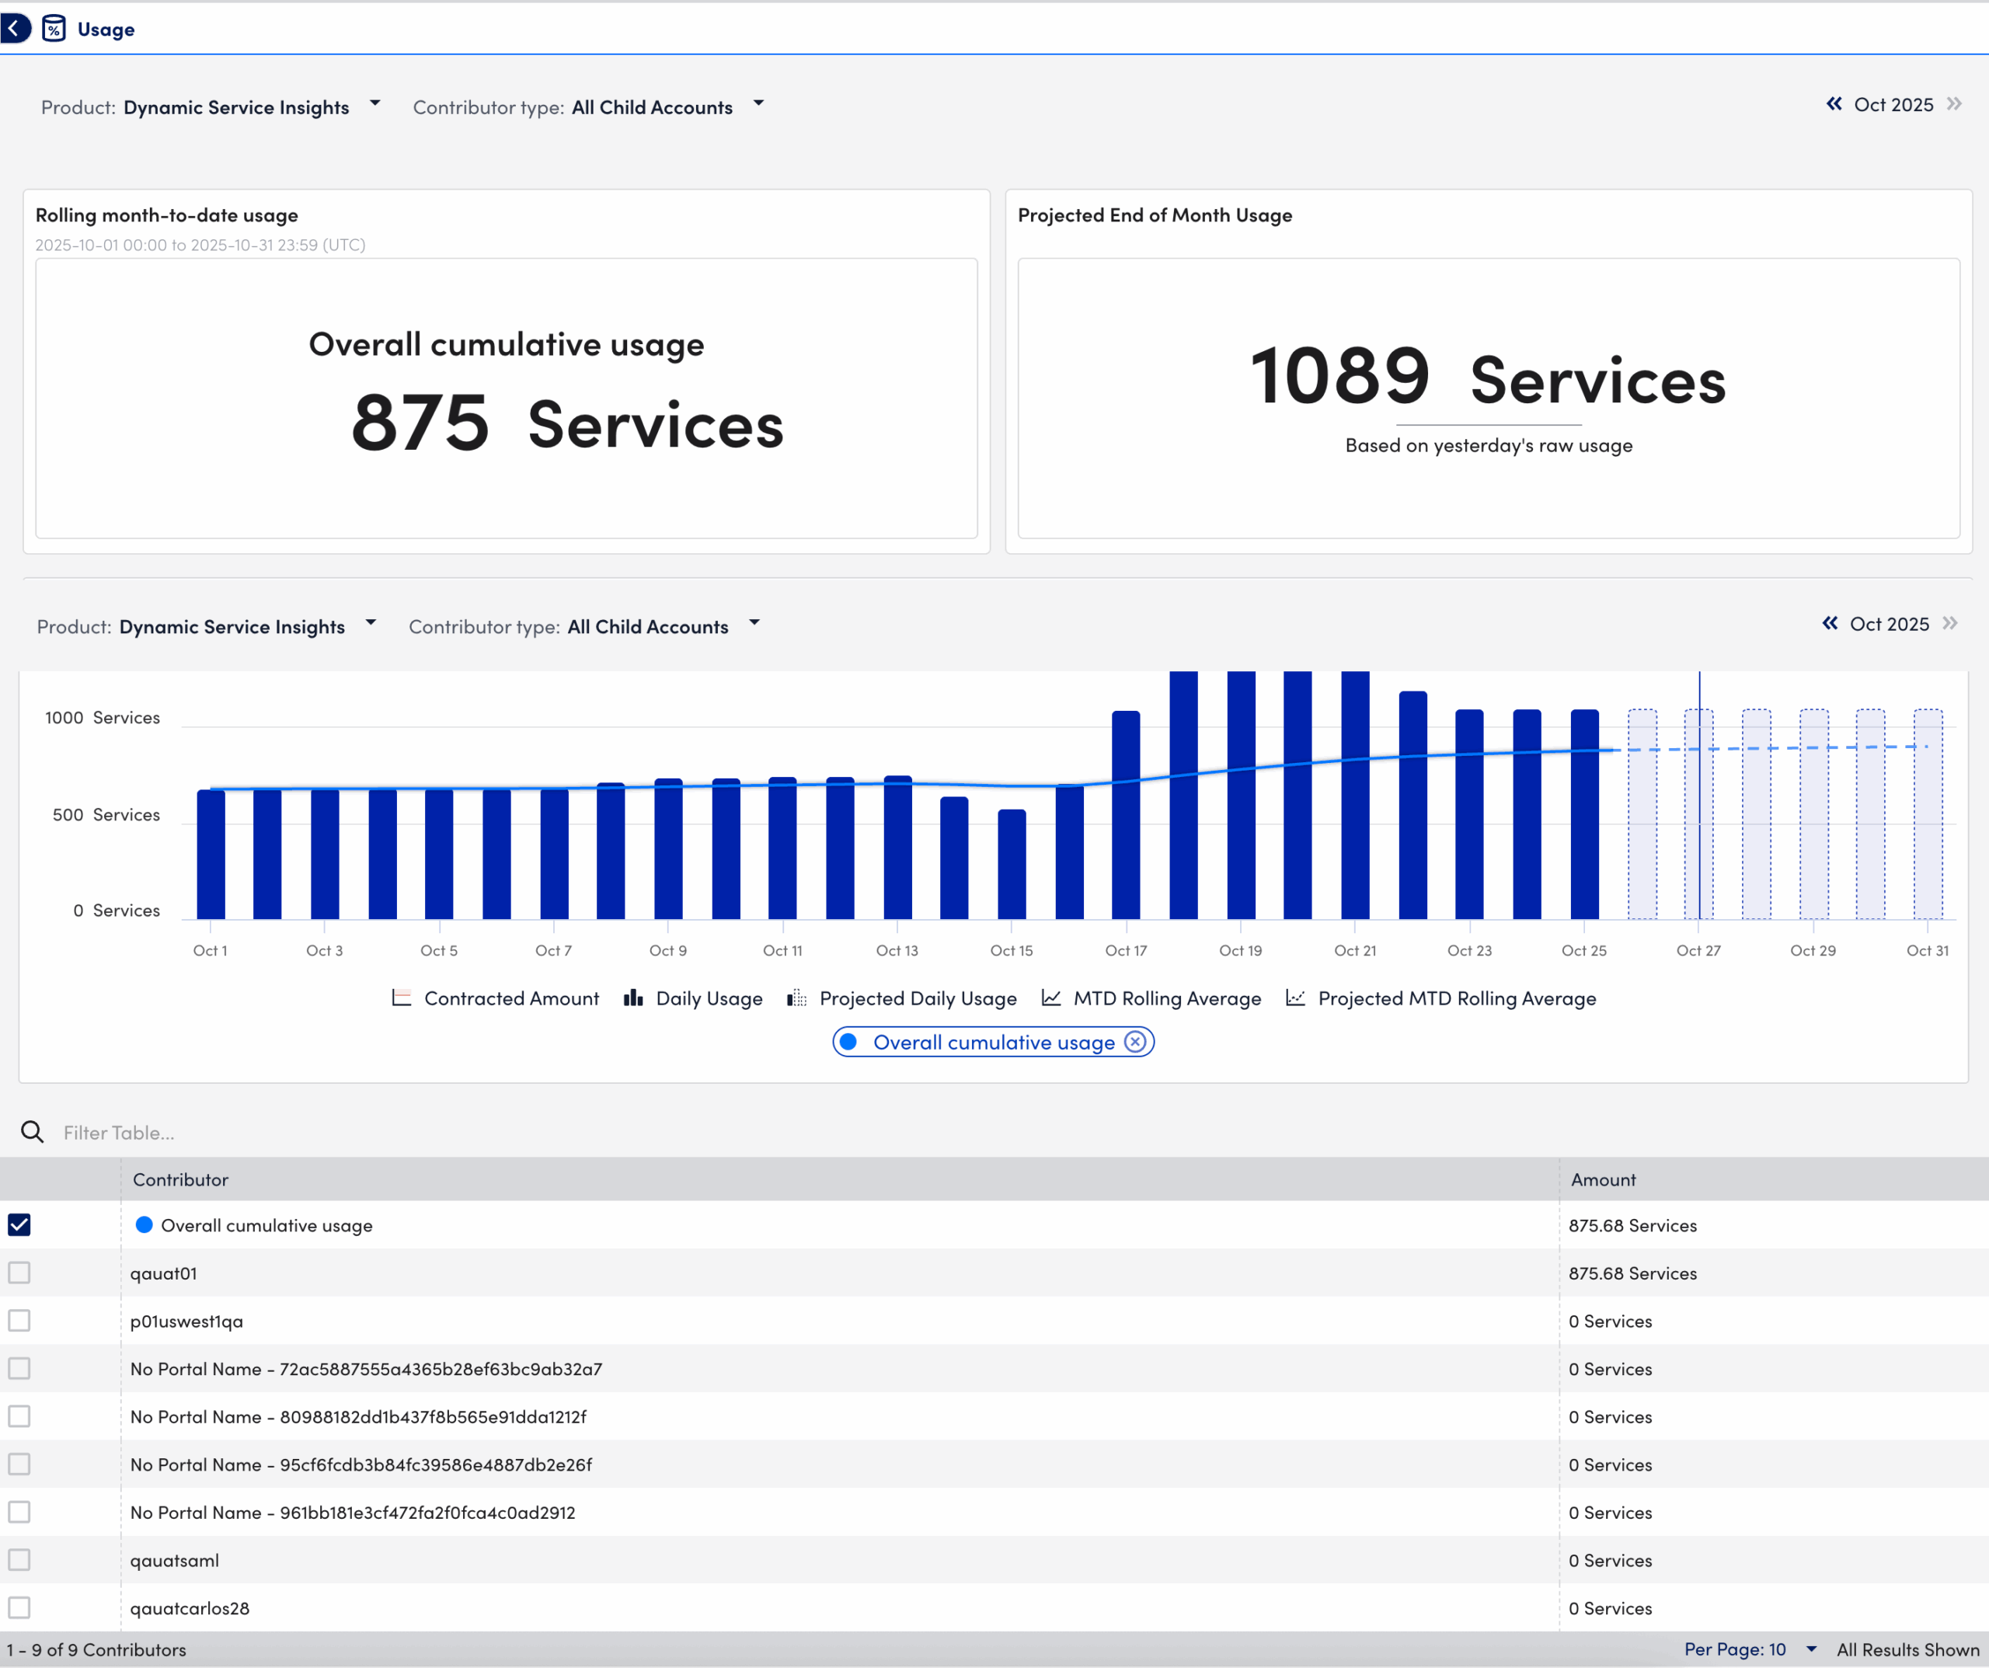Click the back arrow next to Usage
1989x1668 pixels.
(x=14, y=29)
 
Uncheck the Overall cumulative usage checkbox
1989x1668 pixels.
(x=19, y=1224)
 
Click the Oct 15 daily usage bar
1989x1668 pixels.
(x=1012, y=864)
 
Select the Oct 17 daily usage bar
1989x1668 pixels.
(x=1126, y=815)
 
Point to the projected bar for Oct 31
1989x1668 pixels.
(x=1928, y=815)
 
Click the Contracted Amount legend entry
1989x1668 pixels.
(x=496, y=998)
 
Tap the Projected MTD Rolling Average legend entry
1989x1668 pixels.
(x=1441, y=998)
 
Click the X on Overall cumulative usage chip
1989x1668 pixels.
(x=1134, y=1042)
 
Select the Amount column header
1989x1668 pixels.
(x=1603, y=1179)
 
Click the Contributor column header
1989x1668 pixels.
(x=180, y=1179)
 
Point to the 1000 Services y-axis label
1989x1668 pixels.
(x=103, y=717)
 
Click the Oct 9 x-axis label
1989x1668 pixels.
(x=667, y=950)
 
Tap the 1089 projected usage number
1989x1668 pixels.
(x=1339, y=376)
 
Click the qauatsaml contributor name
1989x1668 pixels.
(x=174, y=1560)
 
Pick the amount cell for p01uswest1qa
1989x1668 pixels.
(x=1609, y=1321)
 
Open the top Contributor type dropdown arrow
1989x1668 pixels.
(x=758, y=103)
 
